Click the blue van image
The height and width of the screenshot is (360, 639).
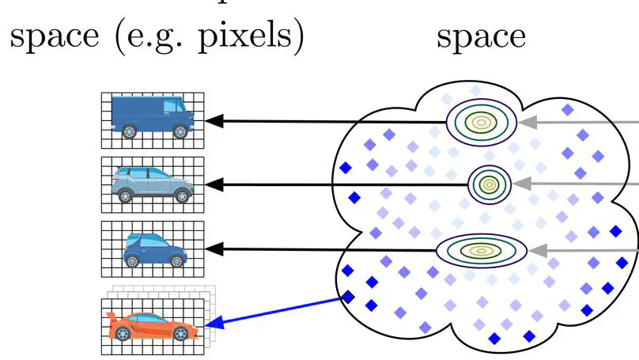pyautogui.click(x=153, y=118)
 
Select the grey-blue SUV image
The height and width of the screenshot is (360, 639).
pyautogui.click(x=153, y=185)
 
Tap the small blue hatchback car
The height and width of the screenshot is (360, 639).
pyautogui.click(x=154, y=248)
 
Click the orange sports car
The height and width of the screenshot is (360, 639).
pyautogui.click(x=153, y=324)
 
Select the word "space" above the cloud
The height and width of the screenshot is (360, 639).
pyautogui.click(x=481, y=36)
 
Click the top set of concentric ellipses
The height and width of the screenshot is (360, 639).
pyautogui.click(x=481, y=121)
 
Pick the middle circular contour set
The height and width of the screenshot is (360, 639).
pyautogui.click(x=488, y=184)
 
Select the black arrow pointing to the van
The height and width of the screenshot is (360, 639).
pyautogui.click(x=324, y=121)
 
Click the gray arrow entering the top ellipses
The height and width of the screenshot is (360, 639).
pyautogui.click(x=577, y=122)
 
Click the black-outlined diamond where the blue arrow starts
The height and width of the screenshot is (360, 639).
pyautogui.click(x=347, y=297)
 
